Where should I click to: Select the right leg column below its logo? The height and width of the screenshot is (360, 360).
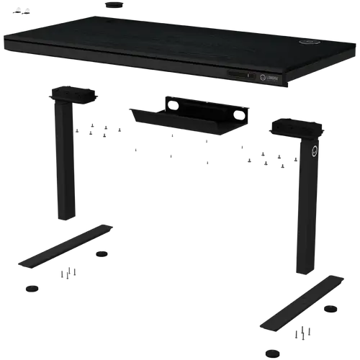coord(307,216)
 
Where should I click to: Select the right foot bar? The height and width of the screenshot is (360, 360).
coord(302,302)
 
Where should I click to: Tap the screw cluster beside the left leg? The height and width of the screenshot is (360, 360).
coord(101,131)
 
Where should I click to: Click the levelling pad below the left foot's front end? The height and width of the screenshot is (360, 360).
coord(30,287)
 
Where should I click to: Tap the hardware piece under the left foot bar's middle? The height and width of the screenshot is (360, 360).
coord(67,273)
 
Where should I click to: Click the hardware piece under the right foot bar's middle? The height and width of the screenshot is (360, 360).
coord(306,333)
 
